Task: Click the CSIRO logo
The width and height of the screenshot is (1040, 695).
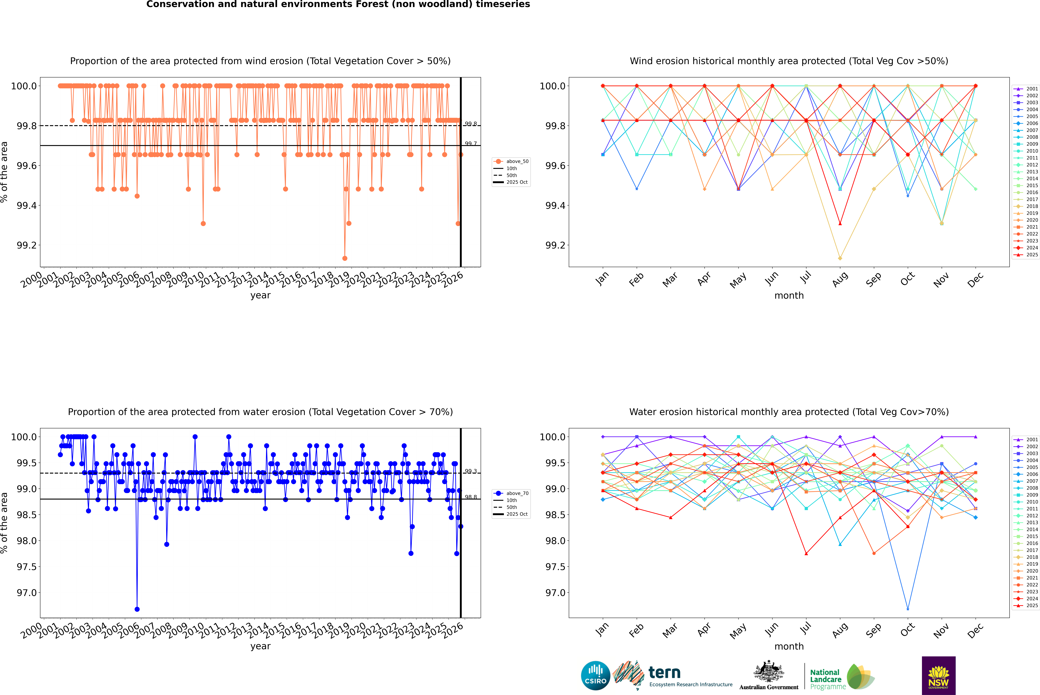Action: tap(595, 676)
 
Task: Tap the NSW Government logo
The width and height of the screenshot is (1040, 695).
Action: tap(938, 676)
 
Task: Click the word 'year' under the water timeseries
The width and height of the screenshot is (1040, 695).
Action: tap(260, 646)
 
